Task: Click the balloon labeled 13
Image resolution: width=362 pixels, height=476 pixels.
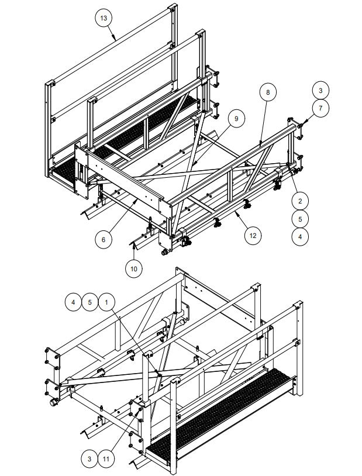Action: coord(104,18)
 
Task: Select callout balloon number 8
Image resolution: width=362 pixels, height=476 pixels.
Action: coord(268,92)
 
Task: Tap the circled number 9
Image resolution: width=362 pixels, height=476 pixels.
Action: coord(236,119)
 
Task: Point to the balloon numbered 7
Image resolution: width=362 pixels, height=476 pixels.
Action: coord(320,108)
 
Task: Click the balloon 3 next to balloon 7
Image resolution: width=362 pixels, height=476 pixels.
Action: coord(320,90)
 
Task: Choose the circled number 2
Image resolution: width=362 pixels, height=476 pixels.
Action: coord(300,201)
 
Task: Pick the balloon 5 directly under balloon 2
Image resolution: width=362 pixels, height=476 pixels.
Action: coord(300,219)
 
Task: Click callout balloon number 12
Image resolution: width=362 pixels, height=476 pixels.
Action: coord(253,235)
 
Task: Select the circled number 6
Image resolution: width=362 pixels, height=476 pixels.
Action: coord(104,239)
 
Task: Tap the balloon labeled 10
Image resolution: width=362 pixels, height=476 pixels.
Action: coord(134,268)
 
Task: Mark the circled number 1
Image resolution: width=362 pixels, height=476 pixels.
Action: coord(106,302)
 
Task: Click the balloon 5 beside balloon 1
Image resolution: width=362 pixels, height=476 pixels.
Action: coord(89,302)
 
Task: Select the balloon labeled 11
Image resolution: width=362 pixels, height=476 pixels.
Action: coord(106,459)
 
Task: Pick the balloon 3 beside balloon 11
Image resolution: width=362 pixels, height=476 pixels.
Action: coord(89,459)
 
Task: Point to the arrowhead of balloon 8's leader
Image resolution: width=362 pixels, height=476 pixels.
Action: coord(260,144)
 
